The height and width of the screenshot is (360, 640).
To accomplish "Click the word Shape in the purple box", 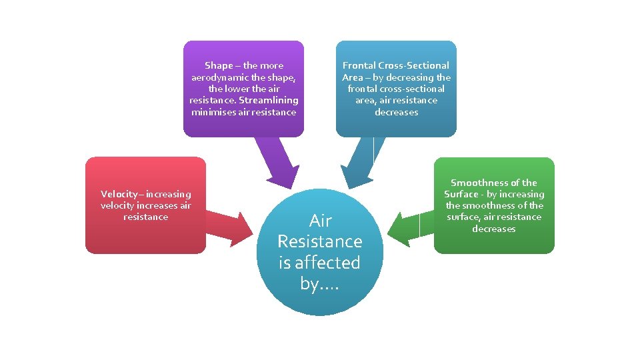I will click(219, 65).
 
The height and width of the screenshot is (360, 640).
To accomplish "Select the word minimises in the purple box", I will click(213, 112).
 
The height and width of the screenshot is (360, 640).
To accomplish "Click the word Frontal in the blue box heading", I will click(359, 65).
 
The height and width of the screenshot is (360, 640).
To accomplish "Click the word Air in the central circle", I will click(320, 221).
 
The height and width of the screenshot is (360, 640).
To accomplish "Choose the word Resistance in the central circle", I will click(320, 241).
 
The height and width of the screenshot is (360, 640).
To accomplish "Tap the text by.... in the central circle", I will click(320, 283).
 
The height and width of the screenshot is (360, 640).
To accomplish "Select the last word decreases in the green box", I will click(494, 229).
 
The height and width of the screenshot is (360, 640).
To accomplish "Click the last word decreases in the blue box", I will click(396, 112).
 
